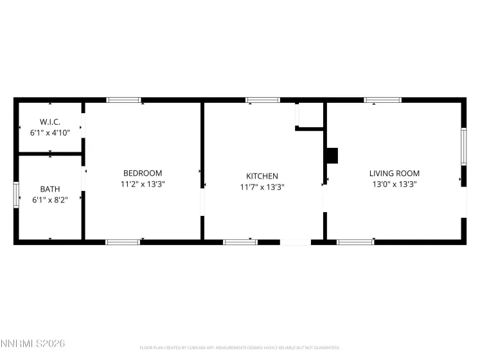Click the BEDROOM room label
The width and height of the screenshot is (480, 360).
(143, 173)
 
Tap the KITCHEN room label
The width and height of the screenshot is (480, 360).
(262, 176)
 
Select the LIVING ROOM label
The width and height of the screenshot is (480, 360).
(394, 173)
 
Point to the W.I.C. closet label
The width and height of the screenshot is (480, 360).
(50, 122)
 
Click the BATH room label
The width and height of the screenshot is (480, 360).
(50, 189)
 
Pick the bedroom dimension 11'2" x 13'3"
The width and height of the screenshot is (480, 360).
(143, 184)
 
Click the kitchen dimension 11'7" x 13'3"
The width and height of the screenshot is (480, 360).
(262, 187)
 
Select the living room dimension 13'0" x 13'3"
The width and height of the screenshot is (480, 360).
(394, 184)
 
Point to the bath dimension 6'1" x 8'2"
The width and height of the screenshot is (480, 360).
(50, 200)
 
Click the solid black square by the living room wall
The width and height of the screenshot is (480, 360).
(332, 156)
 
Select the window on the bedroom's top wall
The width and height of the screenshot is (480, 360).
(123, 100)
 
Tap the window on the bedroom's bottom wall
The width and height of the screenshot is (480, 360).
(123, 242)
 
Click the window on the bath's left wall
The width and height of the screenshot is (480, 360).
(17, 194)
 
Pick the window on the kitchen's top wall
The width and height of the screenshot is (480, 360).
(263, 100)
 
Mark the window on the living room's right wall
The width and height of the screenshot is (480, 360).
(463, 146)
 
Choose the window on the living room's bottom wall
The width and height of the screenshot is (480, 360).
(356, 242)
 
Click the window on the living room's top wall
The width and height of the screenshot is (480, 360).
(382, 100)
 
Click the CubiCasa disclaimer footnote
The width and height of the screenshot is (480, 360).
(239, 348)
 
